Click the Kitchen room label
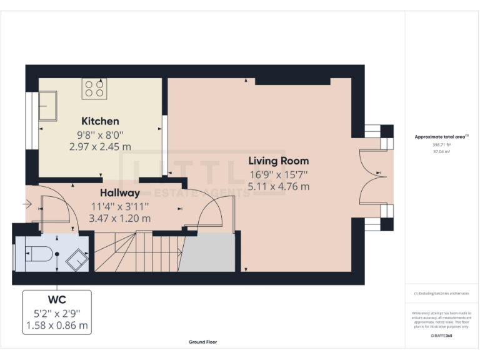pyautogui.click(x=100, y=121)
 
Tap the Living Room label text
pyautogui.click(x=278, y=161)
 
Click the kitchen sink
pyautogui.click(x=47, y=106)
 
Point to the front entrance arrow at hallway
pyautogui.click(x=26, y=204)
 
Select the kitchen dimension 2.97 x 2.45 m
pyautogui.click(x=100, y=146)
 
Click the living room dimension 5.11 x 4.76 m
pyautogui.click(x=278, y=186)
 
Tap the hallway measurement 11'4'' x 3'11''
pyautogui.click(x=121, y=206)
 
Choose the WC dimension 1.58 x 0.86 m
pyautogui.click(x=57, y=326)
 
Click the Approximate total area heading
pyautogui.click(x=441, y=136)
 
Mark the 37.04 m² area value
pyautogui.click(x=441, y=151)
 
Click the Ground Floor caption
pyautogui.click(x=203, y=342)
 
